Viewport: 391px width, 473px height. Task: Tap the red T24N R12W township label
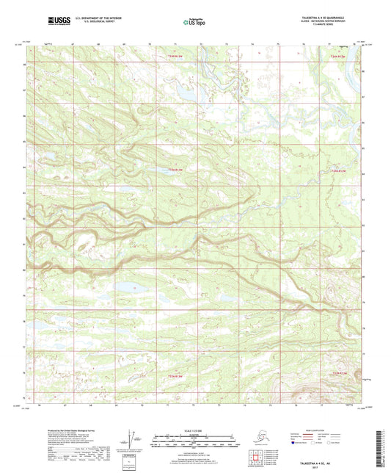[337, 56]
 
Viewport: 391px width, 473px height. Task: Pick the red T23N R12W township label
[337, 171]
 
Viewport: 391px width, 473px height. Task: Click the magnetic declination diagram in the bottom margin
[131, 441]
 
